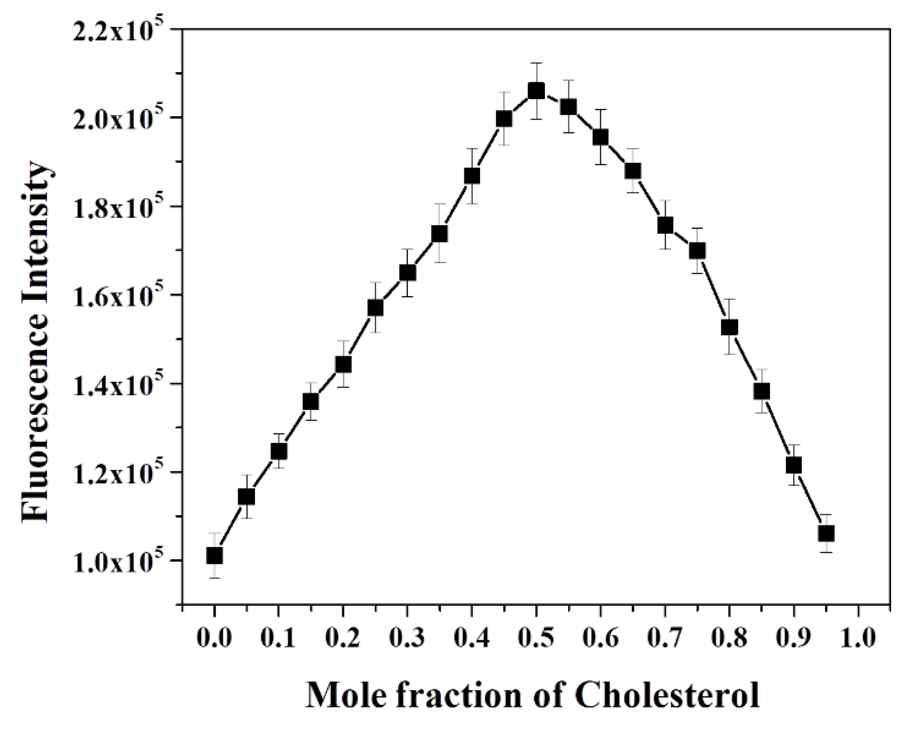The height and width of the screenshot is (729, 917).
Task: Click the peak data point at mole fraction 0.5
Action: tap(536, 91)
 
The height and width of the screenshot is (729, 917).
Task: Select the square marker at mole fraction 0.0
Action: tap(215, 555)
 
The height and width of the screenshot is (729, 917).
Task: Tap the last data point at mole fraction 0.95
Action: tap(826, 533)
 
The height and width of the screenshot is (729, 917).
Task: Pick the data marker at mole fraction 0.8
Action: tap(729, 327)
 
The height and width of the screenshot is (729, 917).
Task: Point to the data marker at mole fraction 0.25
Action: tap(375, 308)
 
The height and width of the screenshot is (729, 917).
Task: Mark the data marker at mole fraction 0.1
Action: tap(279, 451)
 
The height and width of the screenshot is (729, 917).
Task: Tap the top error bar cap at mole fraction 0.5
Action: tap(536, 63)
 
